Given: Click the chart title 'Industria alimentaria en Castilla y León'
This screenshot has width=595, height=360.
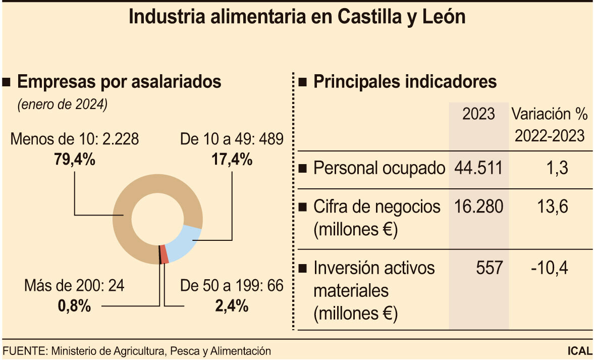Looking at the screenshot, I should point(297,17).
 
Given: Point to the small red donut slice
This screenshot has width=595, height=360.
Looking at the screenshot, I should point(164,254).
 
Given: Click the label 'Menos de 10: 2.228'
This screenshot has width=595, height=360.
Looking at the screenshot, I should point(74,139).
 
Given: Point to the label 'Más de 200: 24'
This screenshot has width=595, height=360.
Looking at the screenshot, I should point(74,286).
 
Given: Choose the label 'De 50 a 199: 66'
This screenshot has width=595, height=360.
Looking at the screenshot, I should point(232,286).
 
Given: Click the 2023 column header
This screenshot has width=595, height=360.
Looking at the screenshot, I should point(478,114).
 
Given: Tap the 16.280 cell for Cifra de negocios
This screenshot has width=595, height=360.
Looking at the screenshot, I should point(478,207).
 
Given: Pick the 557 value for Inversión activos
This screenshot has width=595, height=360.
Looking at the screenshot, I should point(490,268).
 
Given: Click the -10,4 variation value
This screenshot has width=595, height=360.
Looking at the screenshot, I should point(550,268).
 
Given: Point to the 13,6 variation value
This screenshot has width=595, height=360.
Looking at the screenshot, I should point(550,207).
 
